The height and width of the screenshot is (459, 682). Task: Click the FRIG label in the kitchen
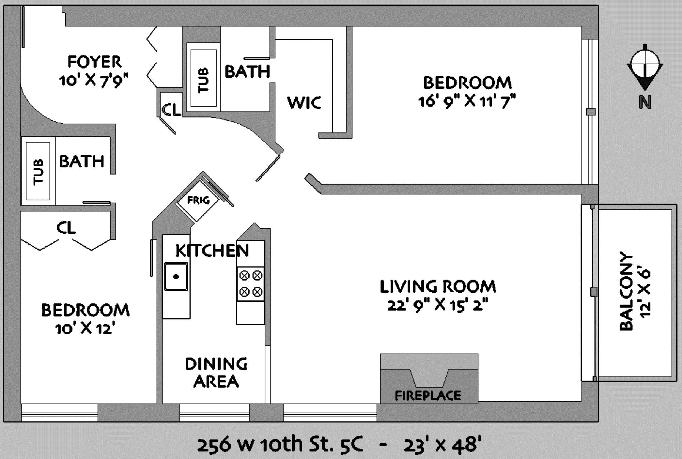198,200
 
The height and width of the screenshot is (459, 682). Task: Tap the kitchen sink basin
176,277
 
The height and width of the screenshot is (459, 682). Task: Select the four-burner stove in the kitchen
251,284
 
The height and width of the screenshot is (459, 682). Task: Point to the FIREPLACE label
428,396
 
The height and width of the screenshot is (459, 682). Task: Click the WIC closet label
304,103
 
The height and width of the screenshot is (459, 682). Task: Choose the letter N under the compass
645,102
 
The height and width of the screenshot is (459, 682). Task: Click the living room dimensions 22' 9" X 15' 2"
438,305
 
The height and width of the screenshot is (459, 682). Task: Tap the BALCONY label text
626,291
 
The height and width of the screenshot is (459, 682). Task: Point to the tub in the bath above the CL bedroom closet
38,171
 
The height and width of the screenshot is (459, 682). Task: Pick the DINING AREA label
217,373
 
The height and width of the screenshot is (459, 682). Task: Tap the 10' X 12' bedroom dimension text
84,329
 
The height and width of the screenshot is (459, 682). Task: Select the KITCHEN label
212,251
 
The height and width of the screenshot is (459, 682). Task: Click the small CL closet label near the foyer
171,110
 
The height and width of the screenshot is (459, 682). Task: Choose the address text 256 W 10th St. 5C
280,444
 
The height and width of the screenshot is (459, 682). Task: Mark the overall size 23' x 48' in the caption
442,444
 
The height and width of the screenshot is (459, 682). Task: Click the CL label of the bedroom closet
66,227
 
